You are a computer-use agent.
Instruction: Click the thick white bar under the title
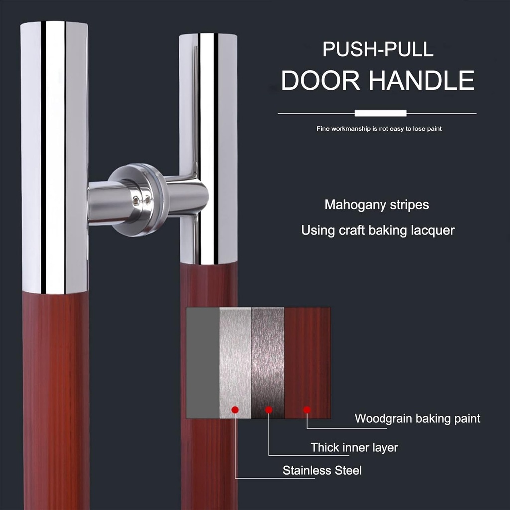(x=381, y=113)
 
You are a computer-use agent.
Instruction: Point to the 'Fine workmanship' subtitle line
(x=379, y=129)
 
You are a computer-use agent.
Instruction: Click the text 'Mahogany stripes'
(x=377, y=205)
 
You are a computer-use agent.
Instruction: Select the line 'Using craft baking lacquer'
(x=378, y=231)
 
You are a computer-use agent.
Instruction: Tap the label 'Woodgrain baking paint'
(x=417, y=418)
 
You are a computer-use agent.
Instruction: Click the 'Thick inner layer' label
(x=354, y=447)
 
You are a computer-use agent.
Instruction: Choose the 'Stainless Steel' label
(x=322, y=470)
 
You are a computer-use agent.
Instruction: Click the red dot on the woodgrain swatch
(x=307, y=410)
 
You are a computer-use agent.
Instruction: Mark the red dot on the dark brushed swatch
(x=268, y=410)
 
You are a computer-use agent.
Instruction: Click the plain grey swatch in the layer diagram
(x=202, y=363)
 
